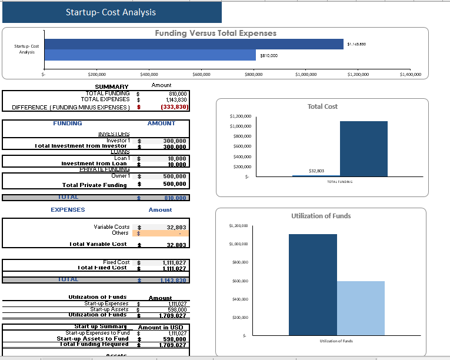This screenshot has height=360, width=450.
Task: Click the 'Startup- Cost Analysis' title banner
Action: pos(111,12)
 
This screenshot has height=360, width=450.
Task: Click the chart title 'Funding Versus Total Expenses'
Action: pos(215,34)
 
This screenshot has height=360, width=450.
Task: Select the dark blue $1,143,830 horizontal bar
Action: pos(194,44)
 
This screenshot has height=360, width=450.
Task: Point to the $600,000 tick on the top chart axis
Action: pos(201,75)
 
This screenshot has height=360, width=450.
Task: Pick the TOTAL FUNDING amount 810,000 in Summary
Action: pos(177,94)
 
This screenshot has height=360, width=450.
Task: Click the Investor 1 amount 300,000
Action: pos(175,141)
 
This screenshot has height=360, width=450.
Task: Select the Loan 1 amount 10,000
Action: pos(176,158)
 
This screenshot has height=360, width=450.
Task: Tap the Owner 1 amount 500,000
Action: pos(175,176)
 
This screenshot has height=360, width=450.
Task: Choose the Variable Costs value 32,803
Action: pos(176,227)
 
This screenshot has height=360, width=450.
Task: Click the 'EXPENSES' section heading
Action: pos(68,209)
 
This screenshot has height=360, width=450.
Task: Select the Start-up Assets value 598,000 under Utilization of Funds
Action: pos(176,309)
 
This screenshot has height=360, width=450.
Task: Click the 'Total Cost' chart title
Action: pos(322,106)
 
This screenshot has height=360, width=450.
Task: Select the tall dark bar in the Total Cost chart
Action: pos(364,149)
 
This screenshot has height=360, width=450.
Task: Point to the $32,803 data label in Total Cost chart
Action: pos(316,171)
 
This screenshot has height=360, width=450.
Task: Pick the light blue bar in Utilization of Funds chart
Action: pos(361,308)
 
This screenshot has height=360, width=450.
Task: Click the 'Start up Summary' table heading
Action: pos(101,326)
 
